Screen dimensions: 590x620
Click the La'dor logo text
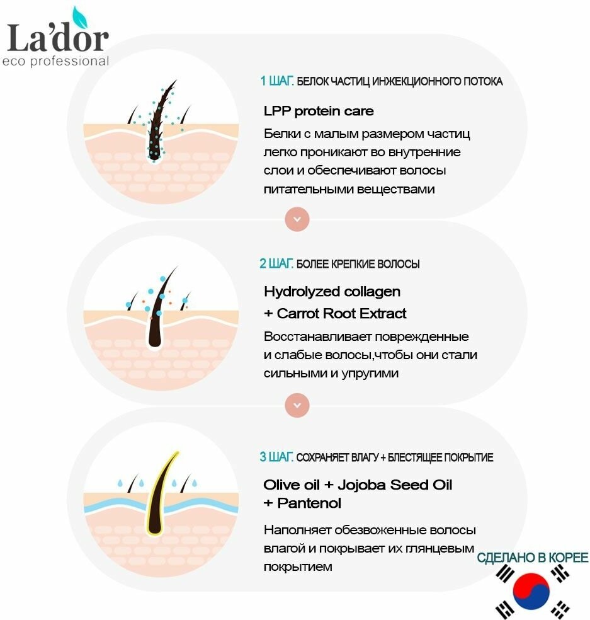coord(57,38)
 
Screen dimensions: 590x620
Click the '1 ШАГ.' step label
coord(276,81)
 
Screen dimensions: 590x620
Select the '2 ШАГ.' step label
coord(276,263)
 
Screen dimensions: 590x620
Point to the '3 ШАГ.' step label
coord(276,457)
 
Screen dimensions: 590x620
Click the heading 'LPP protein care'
coord(319,112)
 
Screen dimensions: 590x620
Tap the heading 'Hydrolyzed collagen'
coord(332,292)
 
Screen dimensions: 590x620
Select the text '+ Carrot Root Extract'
coord(335,314)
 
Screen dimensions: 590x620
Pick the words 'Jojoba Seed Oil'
coord(395,485)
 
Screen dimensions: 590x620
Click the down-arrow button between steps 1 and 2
coord(297,219)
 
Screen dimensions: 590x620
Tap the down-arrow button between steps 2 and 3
coord(297,404)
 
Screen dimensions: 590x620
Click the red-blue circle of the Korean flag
coord(531,590)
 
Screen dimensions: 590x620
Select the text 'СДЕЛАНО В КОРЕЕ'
coord(533,558)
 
